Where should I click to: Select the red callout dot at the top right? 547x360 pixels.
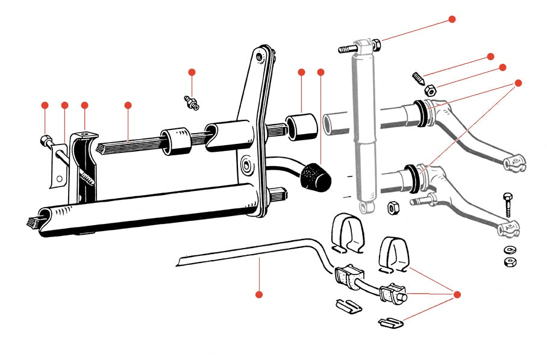coord(452,19)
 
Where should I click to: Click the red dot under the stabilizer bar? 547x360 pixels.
coord(259,294)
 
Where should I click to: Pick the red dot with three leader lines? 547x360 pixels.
coord(456,294)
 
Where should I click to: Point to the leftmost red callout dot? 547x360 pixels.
coord(45,105)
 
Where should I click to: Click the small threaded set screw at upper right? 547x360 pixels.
coord(418,78)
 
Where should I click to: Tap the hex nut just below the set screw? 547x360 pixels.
coord(430,91)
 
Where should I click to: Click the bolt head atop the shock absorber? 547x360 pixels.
coord(346,48)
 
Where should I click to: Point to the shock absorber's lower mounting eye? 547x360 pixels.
coord(364,207)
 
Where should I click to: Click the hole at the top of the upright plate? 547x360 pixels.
coord(260,56)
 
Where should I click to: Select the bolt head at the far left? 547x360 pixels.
coord(44,141)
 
